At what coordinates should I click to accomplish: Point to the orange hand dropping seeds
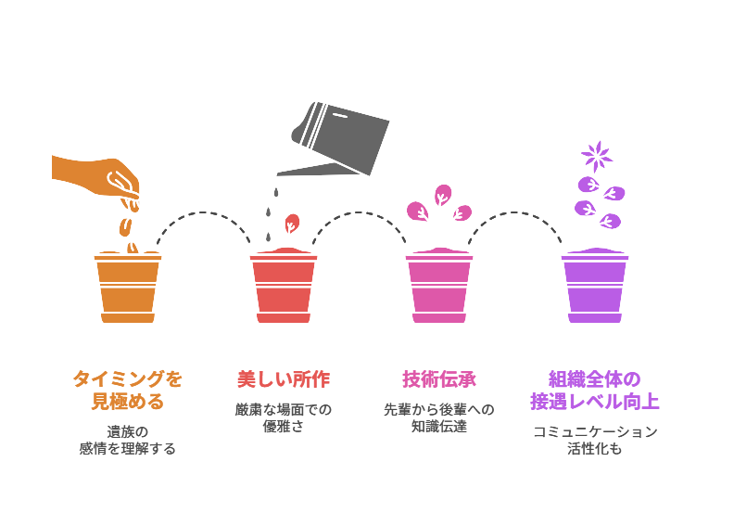pos(97,174)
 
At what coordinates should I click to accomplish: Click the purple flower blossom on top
pos(597,154)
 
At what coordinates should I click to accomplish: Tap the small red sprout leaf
pos(292,224)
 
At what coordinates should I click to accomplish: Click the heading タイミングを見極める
pos(128,391)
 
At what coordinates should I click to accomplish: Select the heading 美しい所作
pos(284,379)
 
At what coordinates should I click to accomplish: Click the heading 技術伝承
pos(439,379)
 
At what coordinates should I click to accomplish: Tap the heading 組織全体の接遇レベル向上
pos(595,391)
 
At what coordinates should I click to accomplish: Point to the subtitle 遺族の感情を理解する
pos(128,440)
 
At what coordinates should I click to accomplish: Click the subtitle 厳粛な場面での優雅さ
pos(284,417)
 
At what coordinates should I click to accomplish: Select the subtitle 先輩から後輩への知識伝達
pos(439,417)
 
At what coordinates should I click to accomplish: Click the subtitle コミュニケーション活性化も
pos(595,440)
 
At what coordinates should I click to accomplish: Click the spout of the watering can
pos(297,172)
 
